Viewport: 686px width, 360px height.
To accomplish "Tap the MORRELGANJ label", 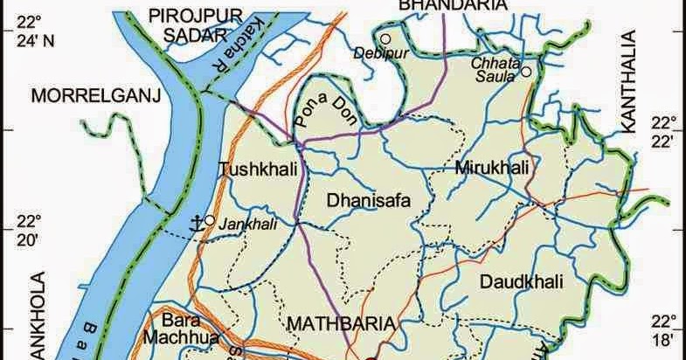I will click(97, 95).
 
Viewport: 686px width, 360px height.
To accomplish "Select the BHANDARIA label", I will click(453, 5).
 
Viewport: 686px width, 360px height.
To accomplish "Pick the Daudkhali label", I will click(521, 281).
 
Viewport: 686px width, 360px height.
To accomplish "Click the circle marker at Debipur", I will click(385, 38).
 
